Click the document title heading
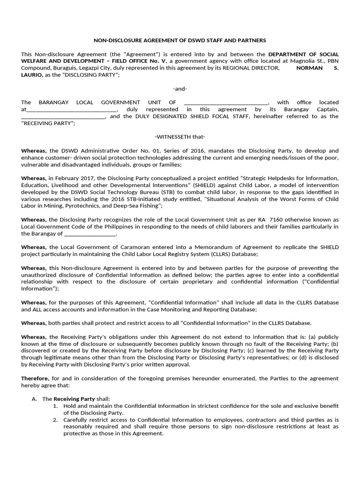180,41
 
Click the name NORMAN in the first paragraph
309,68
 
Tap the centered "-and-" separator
180,89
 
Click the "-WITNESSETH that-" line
180,137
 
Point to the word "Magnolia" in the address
293,61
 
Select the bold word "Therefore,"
34,378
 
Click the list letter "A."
35,398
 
